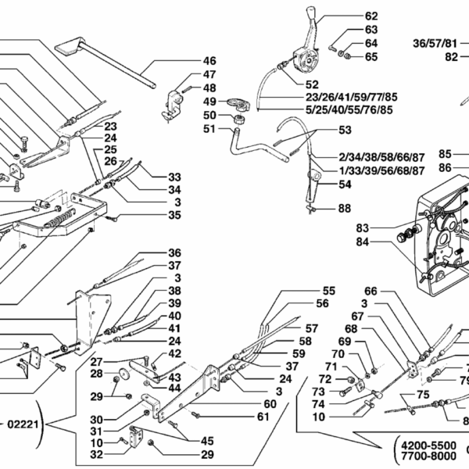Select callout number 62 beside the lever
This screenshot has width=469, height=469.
[371, 16]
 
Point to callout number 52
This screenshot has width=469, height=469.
[312, 84]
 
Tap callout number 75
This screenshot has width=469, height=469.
[422, 395]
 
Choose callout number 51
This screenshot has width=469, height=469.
[209, 130]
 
